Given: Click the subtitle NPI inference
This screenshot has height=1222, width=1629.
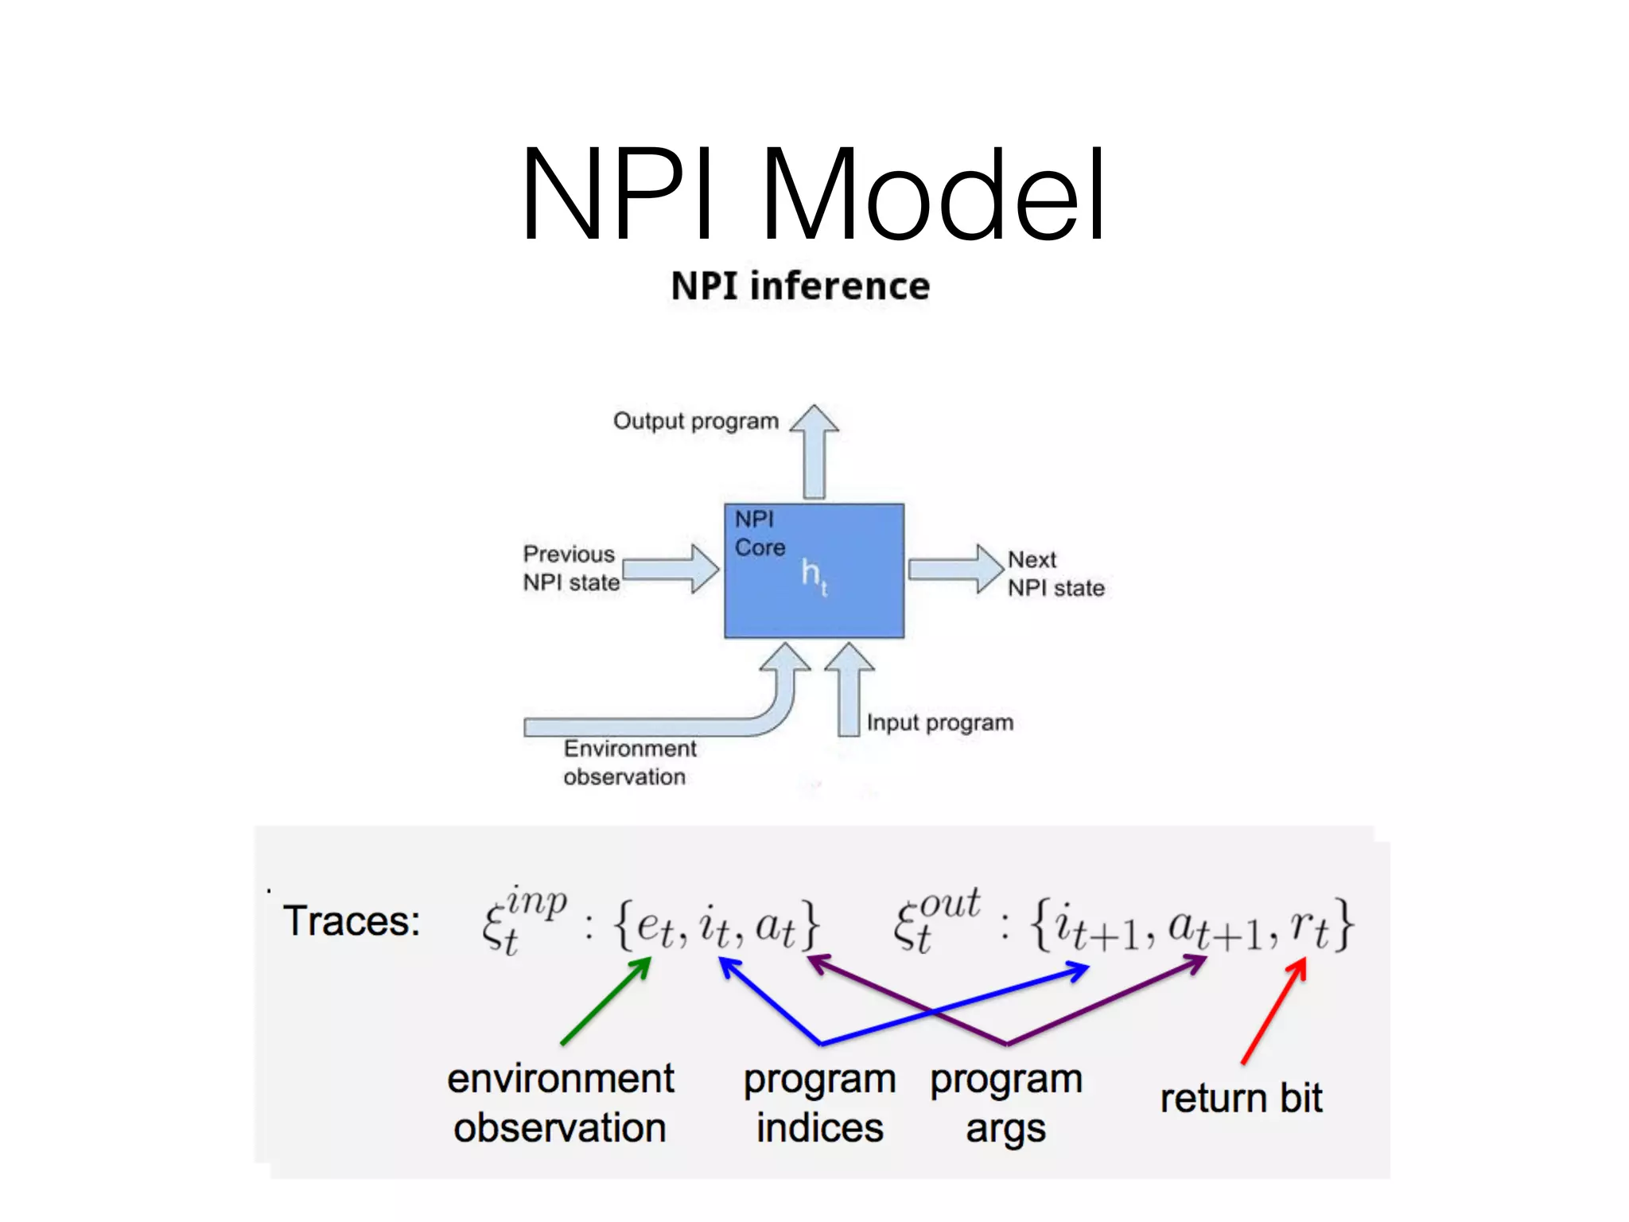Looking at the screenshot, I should pos(800,286).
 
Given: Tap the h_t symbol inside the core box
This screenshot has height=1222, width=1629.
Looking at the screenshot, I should pos(813,574).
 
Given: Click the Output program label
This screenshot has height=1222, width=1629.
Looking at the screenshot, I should pos(695,421).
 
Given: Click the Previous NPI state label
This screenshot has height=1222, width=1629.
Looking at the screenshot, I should pos(570,568).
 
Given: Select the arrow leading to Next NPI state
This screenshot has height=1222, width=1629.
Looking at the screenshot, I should pos(954,569).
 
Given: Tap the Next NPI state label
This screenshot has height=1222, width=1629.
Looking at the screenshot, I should pos(1055,574).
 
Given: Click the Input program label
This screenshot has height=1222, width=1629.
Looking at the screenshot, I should pos(939,722).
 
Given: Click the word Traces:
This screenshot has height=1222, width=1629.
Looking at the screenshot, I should pos(351,921).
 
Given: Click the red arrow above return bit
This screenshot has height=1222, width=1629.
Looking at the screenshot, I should pos(1273,1010).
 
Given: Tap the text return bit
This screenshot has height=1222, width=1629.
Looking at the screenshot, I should pos(1240,1099).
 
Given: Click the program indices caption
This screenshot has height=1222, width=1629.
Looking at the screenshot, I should pos(819,1103).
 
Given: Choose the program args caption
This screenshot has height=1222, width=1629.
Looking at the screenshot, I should pos(1006,1103).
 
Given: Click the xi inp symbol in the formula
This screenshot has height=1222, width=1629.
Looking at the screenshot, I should pos(521,921).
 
